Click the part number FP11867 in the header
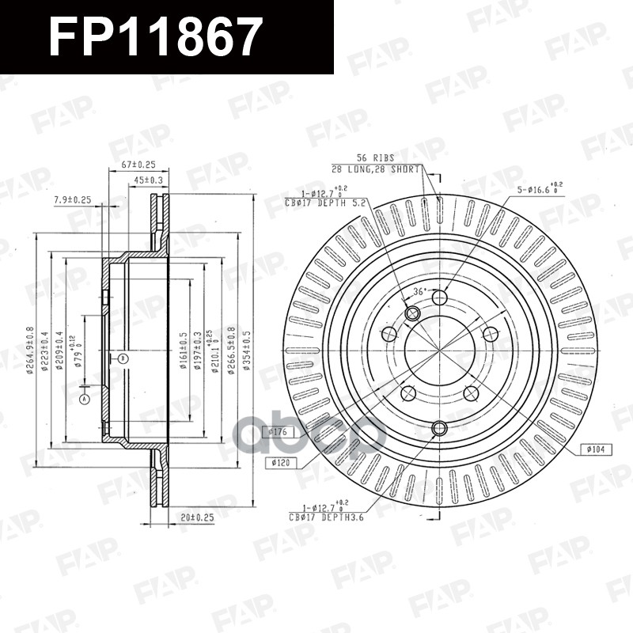(155, 36)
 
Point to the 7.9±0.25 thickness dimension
(73, 200)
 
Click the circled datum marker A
(85, 400)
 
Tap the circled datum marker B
(123, 358)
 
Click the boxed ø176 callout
(281, 432)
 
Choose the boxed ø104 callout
(597, 449)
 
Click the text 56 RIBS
(375, 158)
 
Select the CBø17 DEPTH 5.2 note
(326, 203)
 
